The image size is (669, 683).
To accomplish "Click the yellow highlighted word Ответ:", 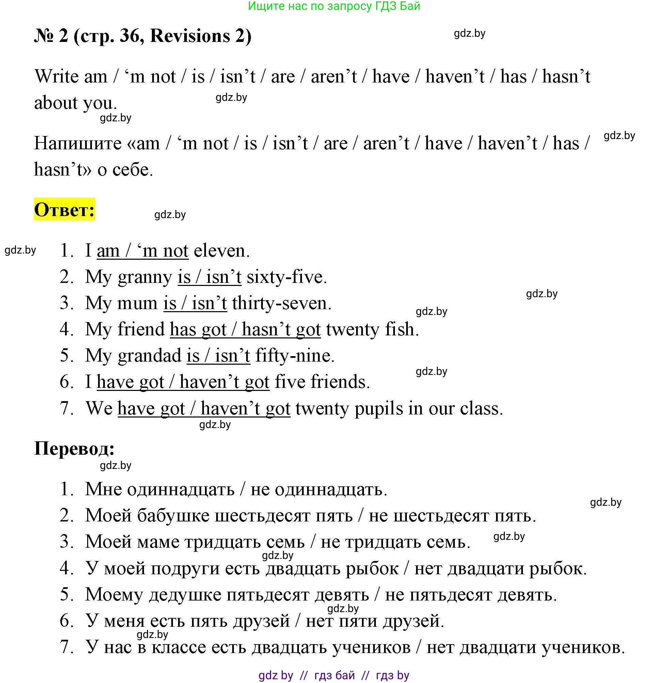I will [x=64, y=210].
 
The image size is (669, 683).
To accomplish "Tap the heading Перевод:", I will [x=75, y=449].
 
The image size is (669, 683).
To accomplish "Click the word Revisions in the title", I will [x=190, y=36].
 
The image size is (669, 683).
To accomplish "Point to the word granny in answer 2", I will [x=145, y=277].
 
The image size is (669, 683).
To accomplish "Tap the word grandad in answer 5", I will [x=149, y=355].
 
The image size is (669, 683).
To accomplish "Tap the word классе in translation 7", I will [x=179, y=647].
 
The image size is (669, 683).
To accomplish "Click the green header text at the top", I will [x=334, y=6].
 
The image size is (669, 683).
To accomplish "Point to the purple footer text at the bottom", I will [x=334, y=675].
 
